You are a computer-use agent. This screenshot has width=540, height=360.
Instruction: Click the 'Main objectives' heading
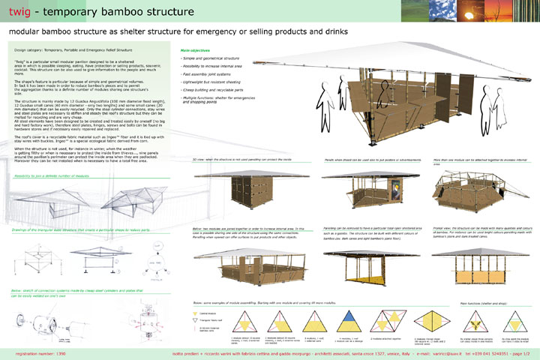(196, 49)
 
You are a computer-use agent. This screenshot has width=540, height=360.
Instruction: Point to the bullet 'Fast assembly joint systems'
(208, 74)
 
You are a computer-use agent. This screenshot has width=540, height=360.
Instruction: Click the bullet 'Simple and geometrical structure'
(213, 58)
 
